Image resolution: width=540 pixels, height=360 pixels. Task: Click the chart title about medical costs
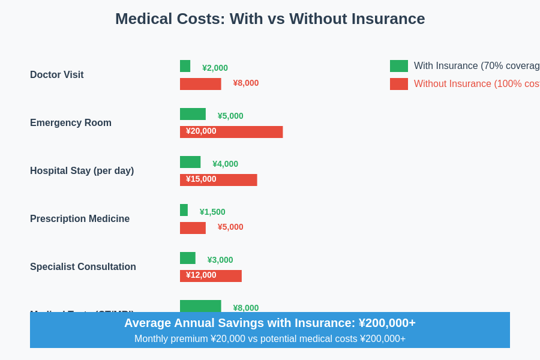pos(270,19)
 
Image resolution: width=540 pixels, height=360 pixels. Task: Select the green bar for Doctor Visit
pos(185,66)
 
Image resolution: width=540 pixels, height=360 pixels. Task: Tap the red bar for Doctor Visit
pos(200,84)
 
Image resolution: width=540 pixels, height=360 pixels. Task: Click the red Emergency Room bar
pos(231,132)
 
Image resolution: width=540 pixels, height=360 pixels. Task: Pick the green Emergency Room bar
pos(193,114)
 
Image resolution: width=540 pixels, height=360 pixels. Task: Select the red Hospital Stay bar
pos(218,180)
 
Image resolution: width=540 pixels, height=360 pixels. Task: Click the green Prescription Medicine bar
pos(184,210)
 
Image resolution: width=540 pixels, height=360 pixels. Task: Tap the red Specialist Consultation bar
pos(211,276)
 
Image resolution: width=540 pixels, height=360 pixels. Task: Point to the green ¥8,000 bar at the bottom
pos(200,306)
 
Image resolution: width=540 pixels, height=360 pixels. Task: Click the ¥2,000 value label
pos(215,68)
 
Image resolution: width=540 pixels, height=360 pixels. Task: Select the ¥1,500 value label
pos(212,212)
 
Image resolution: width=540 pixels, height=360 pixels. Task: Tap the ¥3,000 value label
pos(220,260)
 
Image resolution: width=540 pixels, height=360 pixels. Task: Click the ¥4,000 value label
pos(225,164)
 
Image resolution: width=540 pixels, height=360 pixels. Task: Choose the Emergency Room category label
pos(71,123)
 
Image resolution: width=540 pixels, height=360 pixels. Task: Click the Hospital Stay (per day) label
pos(82,171)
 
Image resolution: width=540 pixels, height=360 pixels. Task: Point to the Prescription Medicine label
pos(80,219)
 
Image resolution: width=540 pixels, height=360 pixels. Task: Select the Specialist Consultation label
pos(83,267)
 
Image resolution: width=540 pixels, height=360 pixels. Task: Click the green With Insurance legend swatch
pos(399,66)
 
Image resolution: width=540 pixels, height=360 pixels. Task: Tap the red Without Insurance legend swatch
pos(399,84)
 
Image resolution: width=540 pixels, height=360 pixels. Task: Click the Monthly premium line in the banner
pos(270,339)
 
